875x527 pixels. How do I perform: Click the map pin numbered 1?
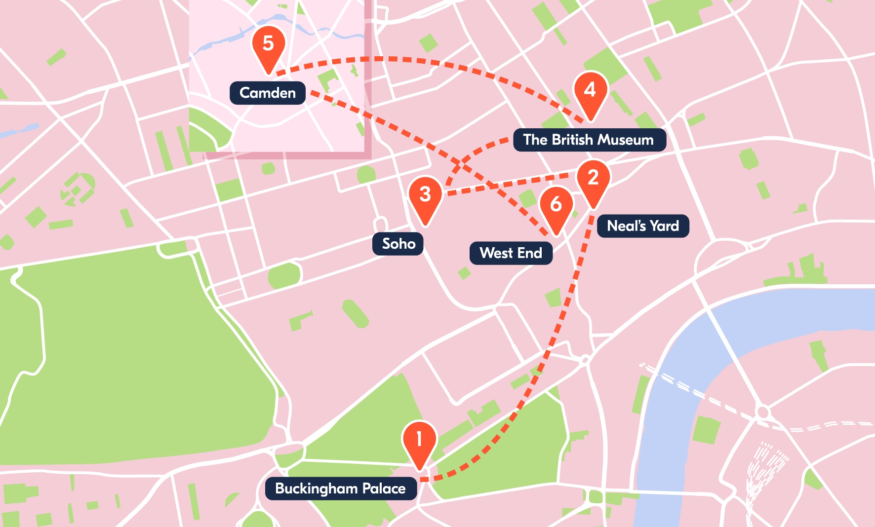419,442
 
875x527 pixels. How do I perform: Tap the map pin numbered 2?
593,180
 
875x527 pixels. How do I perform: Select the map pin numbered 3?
425,197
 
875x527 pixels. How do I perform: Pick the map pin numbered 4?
590,93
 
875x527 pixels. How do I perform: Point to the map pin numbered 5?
268,46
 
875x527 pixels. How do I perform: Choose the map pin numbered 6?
556,207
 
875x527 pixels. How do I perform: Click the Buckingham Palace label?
341,489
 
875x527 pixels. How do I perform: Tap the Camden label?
267,93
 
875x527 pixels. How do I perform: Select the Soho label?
398,244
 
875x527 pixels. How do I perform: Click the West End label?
511,253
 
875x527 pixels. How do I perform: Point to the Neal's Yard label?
642,226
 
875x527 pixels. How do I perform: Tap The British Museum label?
589,140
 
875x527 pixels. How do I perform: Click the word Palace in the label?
384,489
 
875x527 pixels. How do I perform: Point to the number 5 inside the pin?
268,43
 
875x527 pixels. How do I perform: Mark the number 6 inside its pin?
556,204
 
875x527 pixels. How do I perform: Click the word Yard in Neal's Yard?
664,226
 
